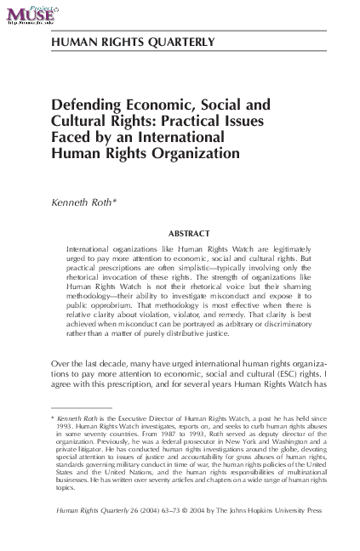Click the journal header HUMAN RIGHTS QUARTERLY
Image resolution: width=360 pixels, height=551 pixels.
132,41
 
